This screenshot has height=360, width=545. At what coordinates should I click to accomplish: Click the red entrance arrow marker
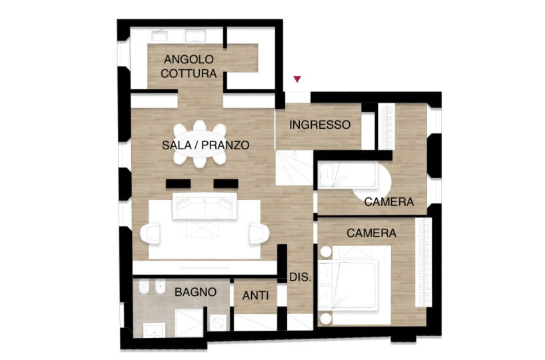point(297,79)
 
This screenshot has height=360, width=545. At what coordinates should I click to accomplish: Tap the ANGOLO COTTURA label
point(189,67)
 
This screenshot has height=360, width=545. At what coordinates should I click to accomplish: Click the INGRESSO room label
point(320,125)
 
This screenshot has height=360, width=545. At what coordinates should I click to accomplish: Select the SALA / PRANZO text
point(206,145)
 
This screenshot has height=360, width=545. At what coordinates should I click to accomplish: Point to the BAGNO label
point(196,292)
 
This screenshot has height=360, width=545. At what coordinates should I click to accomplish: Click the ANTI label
point(255,295)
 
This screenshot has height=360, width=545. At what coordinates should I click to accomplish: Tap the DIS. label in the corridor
point(300,277)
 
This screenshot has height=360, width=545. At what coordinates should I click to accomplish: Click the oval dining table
point(199,144)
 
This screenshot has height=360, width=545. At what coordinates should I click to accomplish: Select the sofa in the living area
point(205,207)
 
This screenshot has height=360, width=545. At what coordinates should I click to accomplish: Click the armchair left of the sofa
point(150,233)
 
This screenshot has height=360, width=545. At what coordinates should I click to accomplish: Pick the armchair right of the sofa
point(259,233)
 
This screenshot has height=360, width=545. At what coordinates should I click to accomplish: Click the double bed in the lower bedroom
point(354,285)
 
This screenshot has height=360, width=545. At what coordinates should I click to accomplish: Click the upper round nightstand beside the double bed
point(326,252)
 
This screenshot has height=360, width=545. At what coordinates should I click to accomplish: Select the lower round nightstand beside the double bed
point(326,319)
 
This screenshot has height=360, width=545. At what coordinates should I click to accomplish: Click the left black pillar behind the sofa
point(179,183)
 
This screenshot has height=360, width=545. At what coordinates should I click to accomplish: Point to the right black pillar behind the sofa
point(226,183)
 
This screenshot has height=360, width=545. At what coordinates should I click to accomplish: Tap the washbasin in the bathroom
point(155,330)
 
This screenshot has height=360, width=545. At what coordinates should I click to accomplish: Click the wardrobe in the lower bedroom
point(423,262)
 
